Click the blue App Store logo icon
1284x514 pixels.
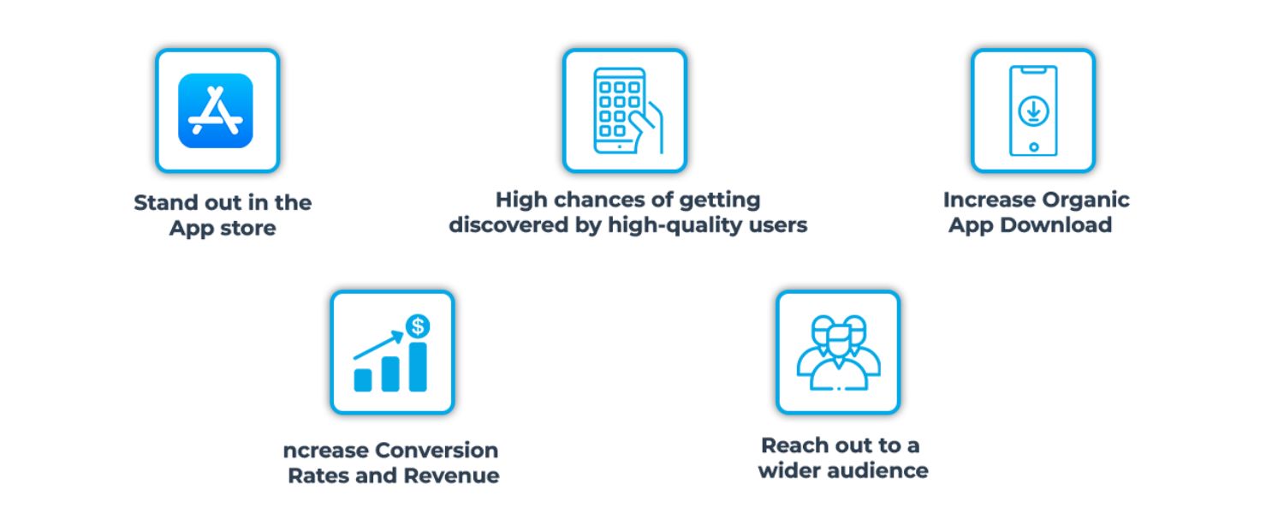pos(216,111)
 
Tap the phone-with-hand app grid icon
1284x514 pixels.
pos(628,111)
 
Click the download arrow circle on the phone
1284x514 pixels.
pos(1033,111)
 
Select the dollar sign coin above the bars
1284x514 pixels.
pos(418,326)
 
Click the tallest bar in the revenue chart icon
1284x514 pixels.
pos(418,367)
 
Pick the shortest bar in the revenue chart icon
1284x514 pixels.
pos(363,380)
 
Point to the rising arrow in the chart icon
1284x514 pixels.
pos(378,344)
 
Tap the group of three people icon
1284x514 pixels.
pos(838,353)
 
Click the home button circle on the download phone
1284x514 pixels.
pos(1033,146)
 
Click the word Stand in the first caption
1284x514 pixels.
pos(167,202)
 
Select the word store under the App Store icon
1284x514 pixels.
pos(248,229)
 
